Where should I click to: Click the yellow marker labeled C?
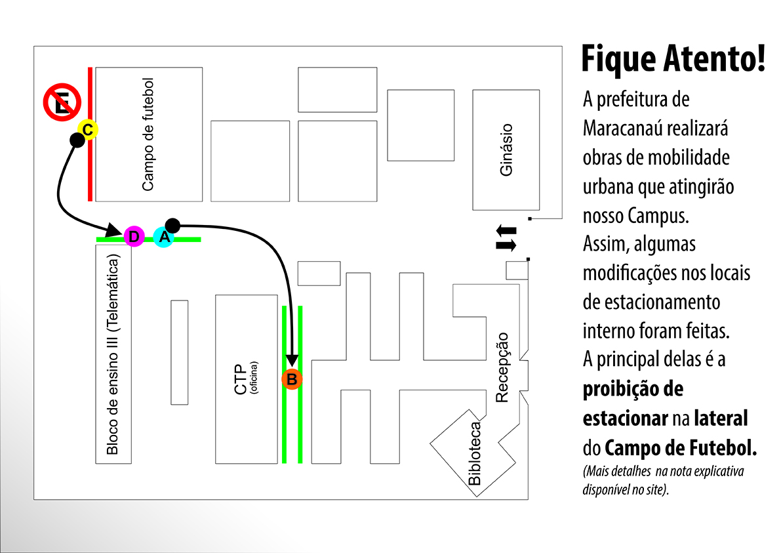tap(87, 129)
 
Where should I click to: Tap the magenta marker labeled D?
tap(134, 236)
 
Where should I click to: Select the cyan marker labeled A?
tap(163, 237)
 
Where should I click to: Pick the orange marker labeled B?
tap(292, 379)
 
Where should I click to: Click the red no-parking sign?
tap(62, 103)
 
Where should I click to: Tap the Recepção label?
tap(502, 367)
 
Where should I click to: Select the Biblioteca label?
tap(475, 453)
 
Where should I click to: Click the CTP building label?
tap(241, 379)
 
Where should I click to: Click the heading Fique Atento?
tap(673, 59)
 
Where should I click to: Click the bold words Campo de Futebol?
tap(681, 449)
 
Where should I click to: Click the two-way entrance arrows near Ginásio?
tap(506, 237)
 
